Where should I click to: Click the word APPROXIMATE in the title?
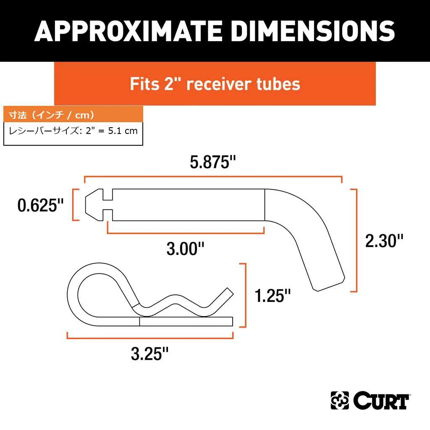(128, 31)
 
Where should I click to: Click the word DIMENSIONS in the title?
(313, 31)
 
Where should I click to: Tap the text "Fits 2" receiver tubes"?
(215, 84)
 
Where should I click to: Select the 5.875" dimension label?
(213, 162)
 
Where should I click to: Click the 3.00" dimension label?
(185, 249)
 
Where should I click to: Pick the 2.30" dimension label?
(384, 241)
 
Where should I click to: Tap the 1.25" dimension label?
(273, 296)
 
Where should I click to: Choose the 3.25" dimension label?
(150, 354)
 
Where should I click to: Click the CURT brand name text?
(381, 401)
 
